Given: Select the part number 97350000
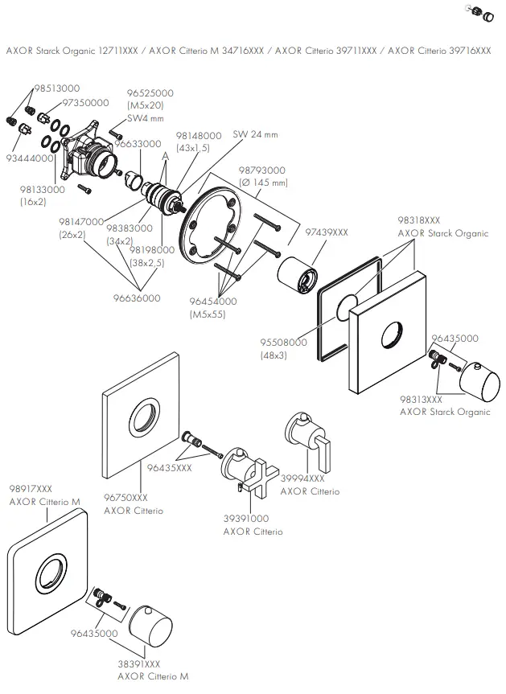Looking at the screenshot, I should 85,103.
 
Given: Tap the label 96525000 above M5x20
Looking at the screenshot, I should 150,94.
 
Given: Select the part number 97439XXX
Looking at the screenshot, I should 326,232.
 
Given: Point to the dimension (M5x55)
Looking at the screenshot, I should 208,314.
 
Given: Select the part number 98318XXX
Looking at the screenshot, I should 418,220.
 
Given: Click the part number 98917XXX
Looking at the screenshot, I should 31,488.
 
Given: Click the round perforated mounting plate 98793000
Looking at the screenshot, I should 214,224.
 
